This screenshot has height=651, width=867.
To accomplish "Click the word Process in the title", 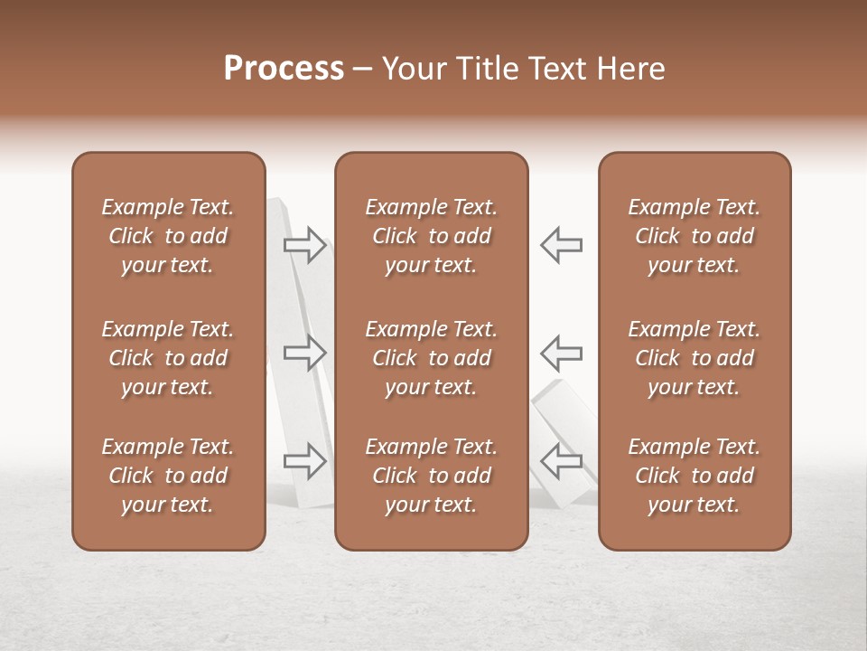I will click(x=284, y=69).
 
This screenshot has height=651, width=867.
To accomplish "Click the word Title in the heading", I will click(x=486, y=69).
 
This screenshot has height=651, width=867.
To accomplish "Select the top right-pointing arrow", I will click(x=305, y=245).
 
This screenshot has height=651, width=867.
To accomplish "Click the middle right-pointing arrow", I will click(x=305, y=353).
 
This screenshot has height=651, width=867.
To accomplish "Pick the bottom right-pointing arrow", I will click(x=305, y=461).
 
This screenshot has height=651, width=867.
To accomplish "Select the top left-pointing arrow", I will click(x=561, y=245).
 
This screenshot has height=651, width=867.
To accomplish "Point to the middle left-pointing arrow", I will click(x=561, y=353).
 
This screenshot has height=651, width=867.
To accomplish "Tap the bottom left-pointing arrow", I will click(x=561, y=461).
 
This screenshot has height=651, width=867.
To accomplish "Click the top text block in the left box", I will click(x=168, y=236).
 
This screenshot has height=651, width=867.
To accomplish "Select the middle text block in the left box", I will click(x=168, y=358).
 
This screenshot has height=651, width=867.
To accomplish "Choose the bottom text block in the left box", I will click(x=168, y=476).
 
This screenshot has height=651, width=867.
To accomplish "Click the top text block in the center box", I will click(x=432, y=236).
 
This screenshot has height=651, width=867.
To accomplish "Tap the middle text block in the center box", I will click(x=432, y=358).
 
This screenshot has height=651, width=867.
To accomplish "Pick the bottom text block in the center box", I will click(x=432, y=476).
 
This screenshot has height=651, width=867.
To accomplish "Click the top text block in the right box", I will click(x=695, y=236).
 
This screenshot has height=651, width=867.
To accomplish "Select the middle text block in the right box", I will click(x=695, y=358).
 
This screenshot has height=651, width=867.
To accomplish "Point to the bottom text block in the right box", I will click(x=695, y=476).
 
